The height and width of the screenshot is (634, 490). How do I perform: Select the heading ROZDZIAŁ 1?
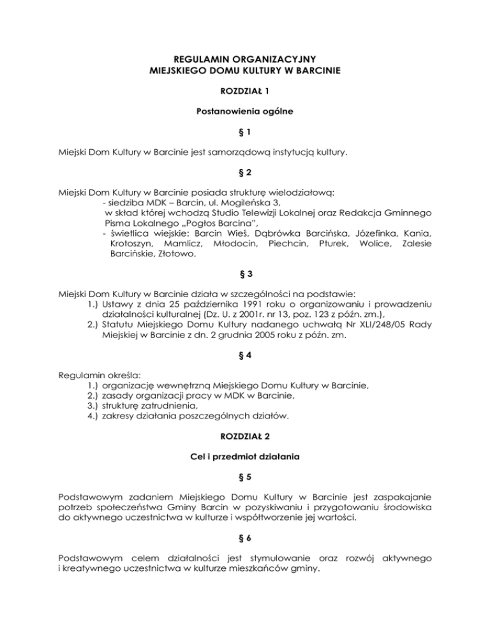(x=244, y=92)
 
